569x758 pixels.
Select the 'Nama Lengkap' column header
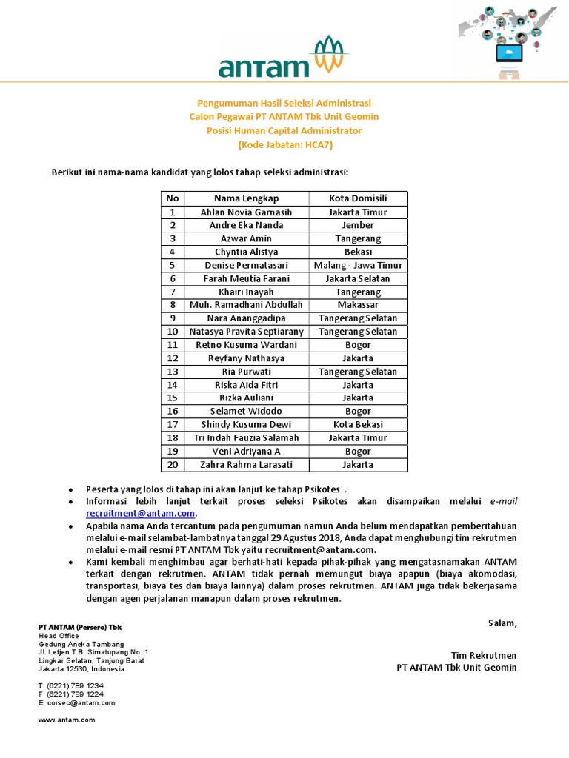pyautogui.click(x=246, y=198)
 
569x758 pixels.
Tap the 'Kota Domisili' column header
pyautogui.click(x=358, y=198)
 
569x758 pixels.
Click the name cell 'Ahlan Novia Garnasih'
pyautogui.click(x=246, y=212)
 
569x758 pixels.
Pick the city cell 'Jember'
pyautogui.click(x=358, y=225)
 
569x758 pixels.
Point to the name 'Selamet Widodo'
pyautogui.click(x=246, y=411)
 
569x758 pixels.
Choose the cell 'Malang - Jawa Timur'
pyautogui.click(x=358, y=265)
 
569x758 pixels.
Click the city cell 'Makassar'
pyautogui.click(x=358, y=305)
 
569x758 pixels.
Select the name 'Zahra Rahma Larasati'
pyautogui.click(x=246, y=465)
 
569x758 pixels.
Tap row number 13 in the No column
pyautogui.click(x=173, y=372)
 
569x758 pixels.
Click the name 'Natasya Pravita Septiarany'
pyautogui.click(x=246, y=332)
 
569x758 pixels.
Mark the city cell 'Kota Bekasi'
pyautogui.click(x=358, y=424)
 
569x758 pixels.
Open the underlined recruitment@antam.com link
pyautogui.click(x=141, y=513)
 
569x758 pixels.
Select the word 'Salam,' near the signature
pyautogui.click(x=502, y=623)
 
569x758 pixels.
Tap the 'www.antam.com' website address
pyautogui.click(x=67, y=720)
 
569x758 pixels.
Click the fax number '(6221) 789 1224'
pyautogui.click(x=75, y=694)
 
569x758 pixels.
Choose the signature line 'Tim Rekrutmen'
pyautogui.click(x=483, y=655)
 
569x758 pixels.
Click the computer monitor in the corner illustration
pyautogui.click(x=510, y=53)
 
